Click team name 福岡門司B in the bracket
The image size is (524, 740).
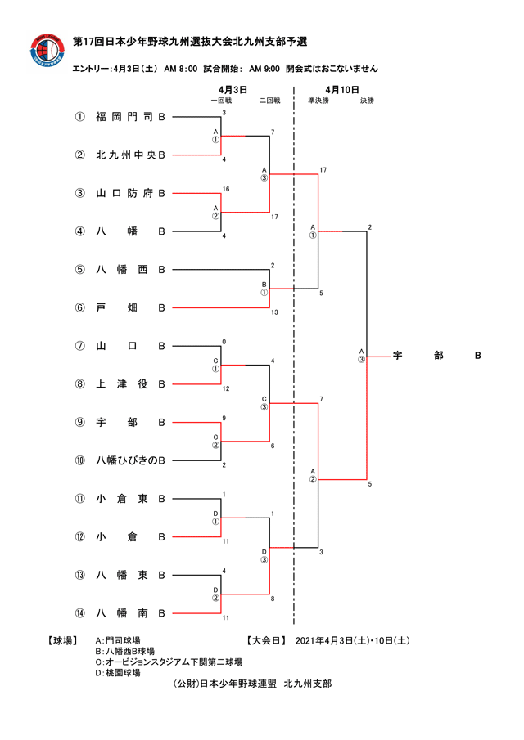pos(131,117)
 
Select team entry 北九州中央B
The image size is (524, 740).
pos(131,155)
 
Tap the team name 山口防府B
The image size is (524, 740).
pos(131,194)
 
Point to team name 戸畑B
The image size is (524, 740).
pos(131,308)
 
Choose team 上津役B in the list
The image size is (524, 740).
pos(131,384)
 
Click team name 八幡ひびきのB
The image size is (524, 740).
pos(131,461)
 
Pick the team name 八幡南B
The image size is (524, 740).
pos(131,613)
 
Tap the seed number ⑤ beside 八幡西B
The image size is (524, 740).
pos(79,270)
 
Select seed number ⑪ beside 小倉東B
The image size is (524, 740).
pos(79,499)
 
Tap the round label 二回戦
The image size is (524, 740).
pos(269,101)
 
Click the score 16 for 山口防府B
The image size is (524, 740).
pos(226,189)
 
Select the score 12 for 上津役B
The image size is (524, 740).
pos(226,389)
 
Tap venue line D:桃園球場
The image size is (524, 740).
pos(118,673)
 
